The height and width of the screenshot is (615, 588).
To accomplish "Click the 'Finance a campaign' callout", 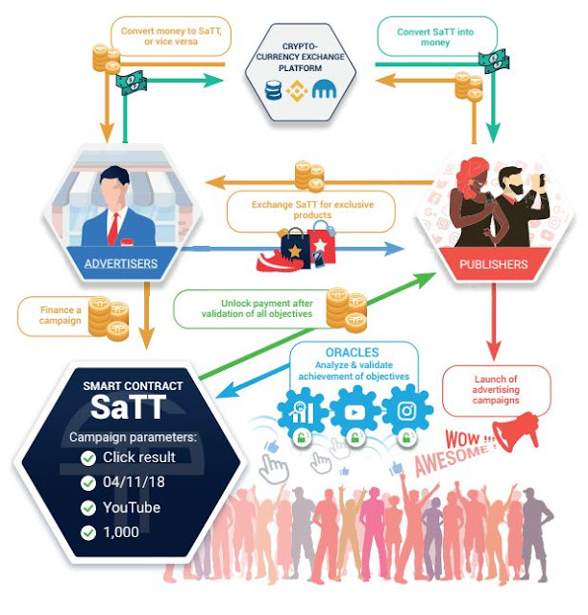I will point(55,316).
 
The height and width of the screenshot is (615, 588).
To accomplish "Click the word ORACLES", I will point(352,353).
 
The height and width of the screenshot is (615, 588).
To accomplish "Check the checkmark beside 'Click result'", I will point(88,457).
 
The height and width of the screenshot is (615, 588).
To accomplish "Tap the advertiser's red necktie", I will point(114,226).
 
